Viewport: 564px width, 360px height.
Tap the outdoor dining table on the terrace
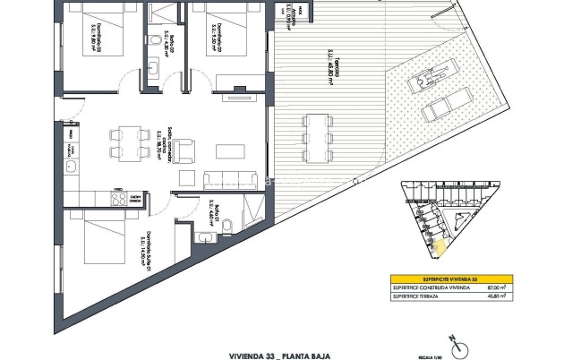(315, 140)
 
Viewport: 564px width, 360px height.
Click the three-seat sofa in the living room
(224, 175)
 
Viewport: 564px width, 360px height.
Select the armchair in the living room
(186, 152)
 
